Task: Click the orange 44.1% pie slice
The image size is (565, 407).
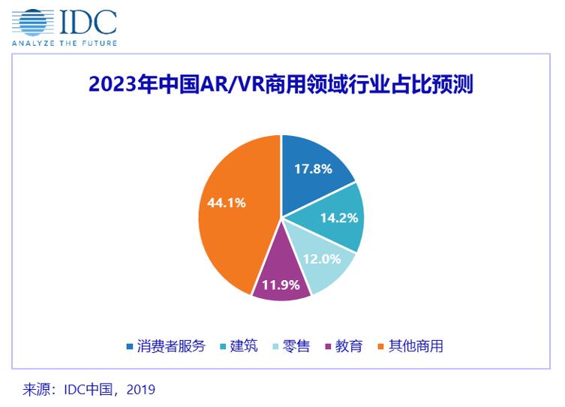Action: [x=229, y=225]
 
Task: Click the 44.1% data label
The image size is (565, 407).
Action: [x=222, y=202]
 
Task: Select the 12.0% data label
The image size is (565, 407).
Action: [x=321, y=259]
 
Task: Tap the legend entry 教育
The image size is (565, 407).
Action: [x=349, y=346]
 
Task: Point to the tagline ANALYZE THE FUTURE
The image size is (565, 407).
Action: [x=64, y=43]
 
